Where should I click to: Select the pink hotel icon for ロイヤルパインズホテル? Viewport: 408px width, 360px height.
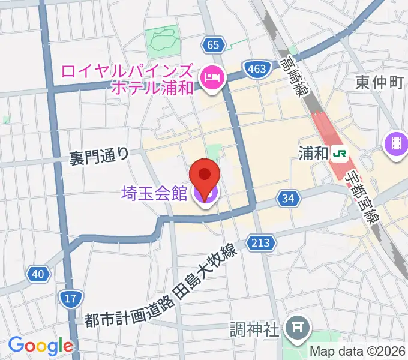tap(212, 77)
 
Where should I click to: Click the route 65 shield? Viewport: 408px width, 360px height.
tap(214, 44)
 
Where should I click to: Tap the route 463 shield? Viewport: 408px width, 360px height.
tap(256, 68)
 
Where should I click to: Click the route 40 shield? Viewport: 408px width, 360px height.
tap(38, 274)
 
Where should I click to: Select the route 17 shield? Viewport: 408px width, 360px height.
tap(70, 298)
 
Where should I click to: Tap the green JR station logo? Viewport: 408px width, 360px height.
tap(340, 154)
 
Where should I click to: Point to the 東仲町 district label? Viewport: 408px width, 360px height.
tap(379, 82)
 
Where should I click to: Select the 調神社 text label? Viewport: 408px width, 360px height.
tap(254, 329)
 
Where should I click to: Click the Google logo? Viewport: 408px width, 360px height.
tap(40, 346)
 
